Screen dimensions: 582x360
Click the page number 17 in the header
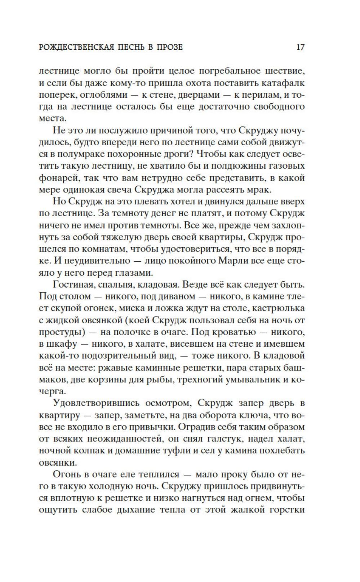[x=300, y=47]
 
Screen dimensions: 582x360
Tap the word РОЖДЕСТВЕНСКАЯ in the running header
[x=76, y=47]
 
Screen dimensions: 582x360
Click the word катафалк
[x=284, y=83]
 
